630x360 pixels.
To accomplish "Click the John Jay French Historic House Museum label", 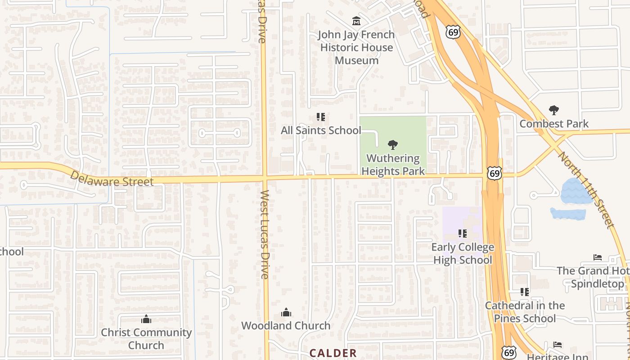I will click(356, 47).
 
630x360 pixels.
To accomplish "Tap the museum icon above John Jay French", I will click(356, 21).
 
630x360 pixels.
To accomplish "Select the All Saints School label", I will click(321, 130).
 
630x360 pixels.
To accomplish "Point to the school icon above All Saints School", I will click(321, 117).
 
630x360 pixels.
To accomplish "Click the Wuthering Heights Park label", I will click(393, 165).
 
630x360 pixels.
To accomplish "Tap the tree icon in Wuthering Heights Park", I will click(393, 144).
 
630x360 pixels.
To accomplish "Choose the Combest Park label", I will click(554, 123).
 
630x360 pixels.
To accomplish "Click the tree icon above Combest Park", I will click(554, 110).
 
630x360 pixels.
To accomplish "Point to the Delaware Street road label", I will click(112, 178).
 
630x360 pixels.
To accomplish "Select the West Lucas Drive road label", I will click(265, 234).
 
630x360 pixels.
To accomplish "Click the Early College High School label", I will click(463, 254).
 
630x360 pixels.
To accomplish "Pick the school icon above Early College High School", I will click(463, 234).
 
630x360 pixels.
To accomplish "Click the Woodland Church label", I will click(286, 325).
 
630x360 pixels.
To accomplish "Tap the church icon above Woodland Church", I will click(286, 312).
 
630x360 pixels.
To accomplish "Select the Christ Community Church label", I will click(146, 339).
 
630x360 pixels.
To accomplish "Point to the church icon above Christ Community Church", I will click(146, 319).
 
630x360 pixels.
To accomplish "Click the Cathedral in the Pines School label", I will click(525, 312).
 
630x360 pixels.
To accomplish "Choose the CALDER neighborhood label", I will click(333, 353).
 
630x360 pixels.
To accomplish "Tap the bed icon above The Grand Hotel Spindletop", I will click(598, 257).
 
